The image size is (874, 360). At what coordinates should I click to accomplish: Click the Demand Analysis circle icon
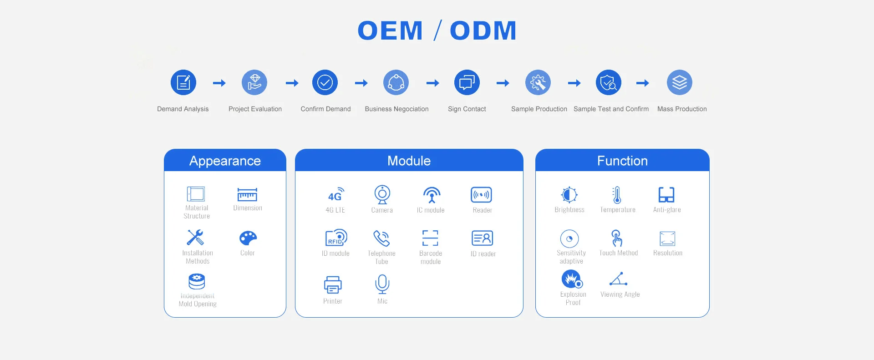pyautogui.click(x=183, y=82)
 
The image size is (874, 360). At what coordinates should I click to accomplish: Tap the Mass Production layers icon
pyautogui.click(x=679, y=82)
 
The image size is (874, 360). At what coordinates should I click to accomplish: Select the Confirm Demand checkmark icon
pyautogui.click(x=325, y=82)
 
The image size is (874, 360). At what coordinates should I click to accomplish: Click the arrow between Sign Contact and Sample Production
pyautogui.click(x=503, y=83)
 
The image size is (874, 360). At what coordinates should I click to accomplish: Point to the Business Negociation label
pyautogui.click(x=396, y=109)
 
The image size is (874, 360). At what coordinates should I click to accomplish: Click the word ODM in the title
pyautogui.click(x=483, y=30)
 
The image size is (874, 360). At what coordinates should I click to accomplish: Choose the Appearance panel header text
pyautogui.click(x=225, y=161)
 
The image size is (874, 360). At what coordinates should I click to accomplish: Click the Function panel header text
pyautogui.click(x=622, y=161)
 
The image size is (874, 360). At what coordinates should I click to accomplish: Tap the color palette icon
pyautogui.click(x=248, y=238)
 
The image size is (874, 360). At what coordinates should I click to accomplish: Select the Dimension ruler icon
pyautogui.click(x=247, y=195)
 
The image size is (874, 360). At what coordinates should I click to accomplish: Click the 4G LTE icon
pyautogui.click(x=336, y=194)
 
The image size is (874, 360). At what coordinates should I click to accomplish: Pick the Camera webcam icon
pyautogui.click(x=382, y=194)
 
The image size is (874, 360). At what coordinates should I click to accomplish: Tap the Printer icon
pyautogui.click(x=333, y=285)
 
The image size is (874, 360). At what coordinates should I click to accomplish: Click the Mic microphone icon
pyautogui.click(x=382, y=284)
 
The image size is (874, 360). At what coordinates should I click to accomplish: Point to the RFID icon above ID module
pyautogui.click(x=336, y=238)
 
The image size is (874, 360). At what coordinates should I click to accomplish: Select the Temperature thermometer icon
pyautogui.click(x=617, y=195)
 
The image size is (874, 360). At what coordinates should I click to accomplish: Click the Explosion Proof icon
pyautogui.click(x=572, y=279)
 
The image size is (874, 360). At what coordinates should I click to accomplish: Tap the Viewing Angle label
pyautogui.click(x=620, y=294)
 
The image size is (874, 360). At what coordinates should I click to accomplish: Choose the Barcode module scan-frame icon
pyautogui.click(x=430, y=238)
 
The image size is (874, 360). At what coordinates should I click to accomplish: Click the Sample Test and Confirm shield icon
pyautogui.click(x=609, y=82)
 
